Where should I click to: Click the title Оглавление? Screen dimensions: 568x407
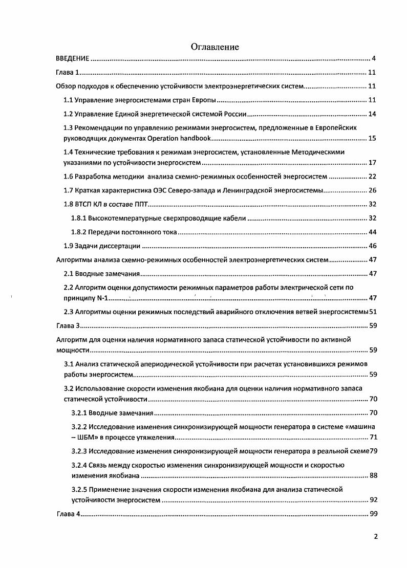(215, 47)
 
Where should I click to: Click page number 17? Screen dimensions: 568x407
(372, 163)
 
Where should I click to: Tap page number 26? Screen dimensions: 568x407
(372, 190)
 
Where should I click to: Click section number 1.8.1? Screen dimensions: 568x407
(79, 218)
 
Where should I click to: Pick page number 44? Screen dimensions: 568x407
(372, 232)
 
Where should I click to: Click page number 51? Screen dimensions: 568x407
(373, 312)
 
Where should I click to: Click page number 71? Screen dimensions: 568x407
(373, 438)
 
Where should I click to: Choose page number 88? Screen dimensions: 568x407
(373, 476)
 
